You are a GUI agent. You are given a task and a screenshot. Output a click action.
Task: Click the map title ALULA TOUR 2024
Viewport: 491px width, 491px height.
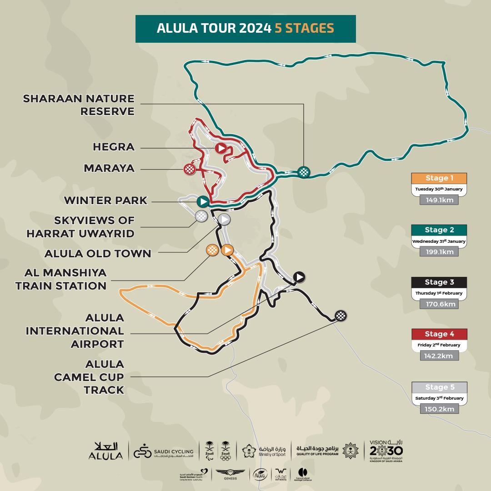pos(214,28)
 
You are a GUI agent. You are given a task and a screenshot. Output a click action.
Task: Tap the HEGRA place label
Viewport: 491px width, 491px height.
pos(114,147)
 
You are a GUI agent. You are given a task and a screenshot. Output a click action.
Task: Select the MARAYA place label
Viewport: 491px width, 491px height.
pos(109,168)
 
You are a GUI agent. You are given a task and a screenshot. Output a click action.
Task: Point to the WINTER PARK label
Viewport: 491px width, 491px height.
pos(105,200)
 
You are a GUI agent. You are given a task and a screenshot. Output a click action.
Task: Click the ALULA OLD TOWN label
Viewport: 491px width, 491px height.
pos(98,253)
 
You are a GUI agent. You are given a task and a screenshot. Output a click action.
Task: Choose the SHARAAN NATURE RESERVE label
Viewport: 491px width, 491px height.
pos(79,105)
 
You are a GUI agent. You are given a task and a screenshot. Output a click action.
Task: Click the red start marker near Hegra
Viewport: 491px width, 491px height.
pos(221,148)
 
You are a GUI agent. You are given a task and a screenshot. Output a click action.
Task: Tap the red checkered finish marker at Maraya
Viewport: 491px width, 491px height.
pos(190,169)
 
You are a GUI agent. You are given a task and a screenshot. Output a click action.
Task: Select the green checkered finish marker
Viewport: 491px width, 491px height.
pos(303,171)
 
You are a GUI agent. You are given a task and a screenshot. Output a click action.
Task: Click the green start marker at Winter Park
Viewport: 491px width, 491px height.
pos(203,201)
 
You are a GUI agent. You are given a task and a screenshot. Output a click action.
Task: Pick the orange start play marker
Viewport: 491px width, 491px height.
pos(227,250)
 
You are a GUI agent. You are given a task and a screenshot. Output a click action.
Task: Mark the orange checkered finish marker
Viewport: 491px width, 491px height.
pos(212,250)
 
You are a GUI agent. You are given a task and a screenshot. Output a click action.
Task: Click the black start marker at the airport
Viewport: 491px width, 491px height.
pos(299,276)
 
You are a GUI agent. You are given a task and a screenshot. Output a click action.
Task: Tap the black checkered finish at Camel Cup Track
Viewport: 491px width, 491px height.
pos(341,316)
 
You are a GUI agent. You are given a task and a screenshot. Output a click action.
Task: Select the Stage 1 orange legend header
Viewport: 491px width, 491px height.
pos(439,178)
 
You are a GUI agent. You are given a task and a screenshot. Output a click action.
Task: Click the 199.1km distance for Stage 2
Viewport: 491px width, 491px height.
pos(439,251)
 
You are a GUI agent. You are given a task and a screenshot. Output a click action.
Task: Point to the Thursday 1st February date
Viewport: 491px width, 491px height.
pos(439,293)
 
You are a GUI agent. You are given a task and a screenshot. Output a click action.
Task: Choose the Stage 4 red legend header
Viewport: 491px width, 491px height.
pos(439,334)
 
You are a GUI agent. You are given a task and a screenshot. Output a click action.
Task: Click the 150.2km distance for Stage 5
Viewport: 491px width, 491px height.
pos(439,409)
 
